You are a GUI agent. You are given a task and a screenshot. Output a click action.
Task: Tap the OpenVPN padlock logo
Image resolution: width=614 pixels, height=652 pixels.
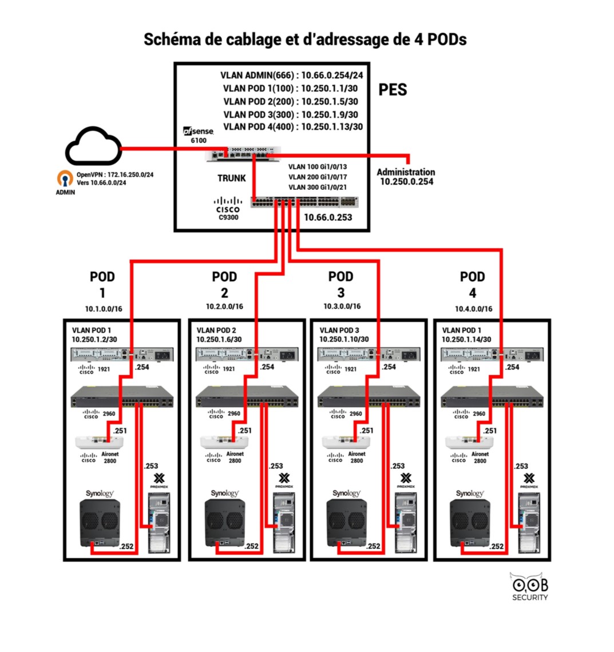[x=65, y=179]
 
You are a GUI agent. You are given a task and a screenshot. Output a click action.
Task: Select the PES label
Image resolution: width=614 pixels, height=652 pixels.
[x=393, y=90]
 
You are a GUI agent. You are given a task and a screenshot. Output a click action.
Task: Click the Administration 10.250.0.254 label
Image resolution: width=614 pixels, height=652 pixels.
[x=406, y=177]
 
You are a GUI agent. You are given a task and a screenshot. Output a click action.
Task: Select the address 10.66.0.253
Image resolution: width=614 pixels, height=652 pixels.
[x=328, y=217]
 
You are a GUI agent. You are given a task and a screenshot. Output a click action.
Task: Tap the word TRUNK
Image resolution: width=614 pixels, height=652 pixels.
[x=231, y=178]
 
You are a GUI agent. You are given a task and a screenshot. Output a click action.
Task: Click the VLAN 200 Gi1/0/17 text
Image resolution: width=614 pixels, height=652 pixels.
[x=318, y=177]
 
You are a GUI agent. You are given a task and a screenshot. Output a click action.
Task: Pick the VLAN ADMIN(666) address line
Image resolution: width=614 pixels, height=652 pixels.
[x=292, y=75]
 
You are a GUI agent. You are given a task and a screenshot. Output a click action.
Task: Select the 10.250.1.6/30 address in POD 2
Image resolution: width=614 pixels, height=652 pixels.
[x=219, y=339]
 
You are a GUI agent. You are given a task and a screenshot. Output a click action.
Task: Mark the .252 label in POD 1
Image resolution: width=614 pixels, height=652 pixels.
[x=126, y=547]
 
